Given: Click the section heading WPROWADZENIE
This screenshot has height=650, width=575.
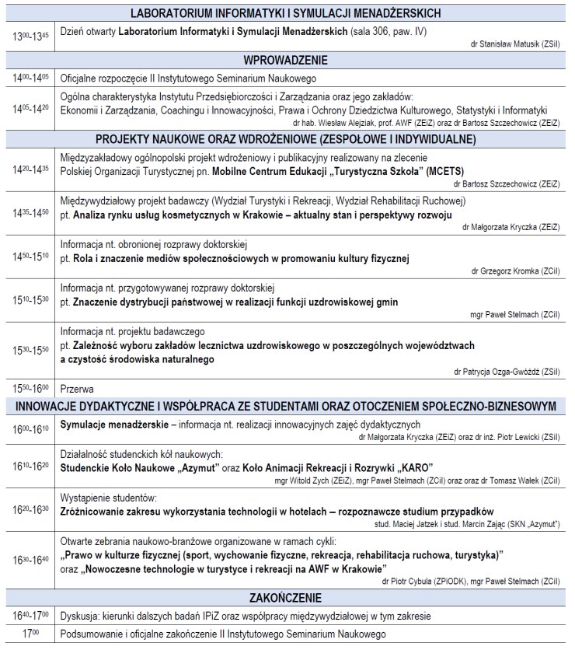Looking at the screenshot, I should [286, 60].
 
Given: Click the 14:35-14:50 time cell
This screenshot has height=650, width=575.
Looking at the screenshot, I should [29, 211].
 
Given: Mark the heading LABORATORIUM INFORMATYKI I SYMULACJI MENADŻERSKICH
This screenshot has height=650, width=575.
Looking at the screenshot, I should [286, 12].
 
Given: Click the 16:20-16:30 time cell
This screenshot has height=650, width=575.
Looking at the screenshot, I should [29, 509].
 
